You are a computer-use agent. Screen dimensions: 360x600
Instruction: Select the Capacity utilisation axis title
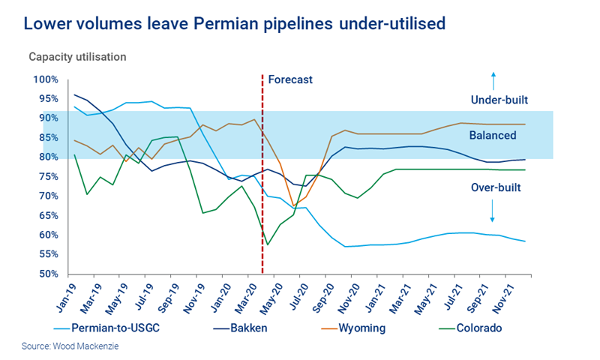pyautogui.click(x=77, y=57)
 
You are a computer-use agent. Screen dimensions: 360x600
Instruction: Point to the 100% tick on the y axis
pyautogui.click(x=46, y=80)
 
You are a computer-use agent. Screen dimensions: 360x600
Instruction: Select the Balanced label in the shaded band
pyautogui.click(x=493, y=136)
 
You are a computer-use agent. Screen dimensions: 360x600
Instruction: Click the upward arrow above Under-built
pyautogui.click(x=493, y=78)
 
